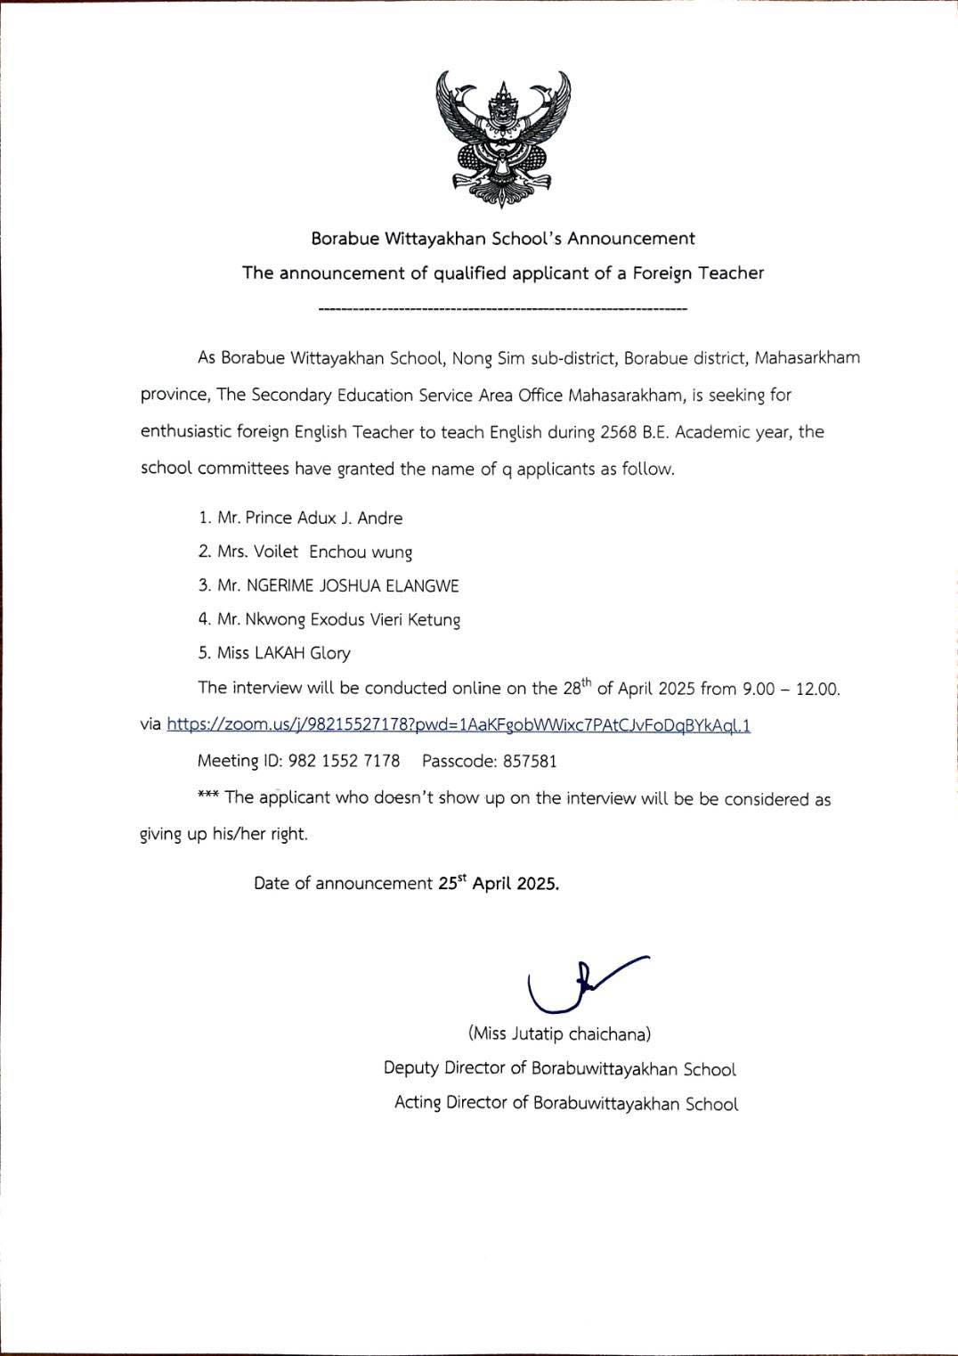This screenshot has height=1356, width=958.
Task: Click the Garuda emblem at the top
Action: [503, 139]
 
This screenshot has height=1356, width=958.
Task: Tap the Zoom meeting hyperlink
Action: [459, 724]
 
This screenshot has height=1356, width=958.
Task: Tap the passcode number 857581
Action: [530, 761]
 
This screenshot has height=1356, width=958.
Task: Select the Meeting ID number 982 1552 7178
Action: [345, 761]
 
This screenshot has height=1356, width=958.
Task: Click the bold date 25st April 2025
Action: [499, 883]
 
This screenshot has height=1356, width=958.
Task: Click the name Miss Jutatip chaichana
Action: [559, 1033]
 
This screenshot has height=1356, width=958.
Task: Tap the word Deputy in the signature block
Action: [411, 1068]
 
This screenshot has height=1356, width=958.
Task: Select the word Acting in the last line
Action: [418, 1102]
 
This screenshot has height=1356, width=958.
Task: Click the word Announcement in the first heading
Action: [631, 238]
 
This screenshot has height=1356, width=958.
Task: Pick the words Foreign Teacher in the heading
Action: [698, 273]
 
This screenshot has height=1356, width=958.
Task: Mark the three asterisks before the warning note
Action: [207, 796]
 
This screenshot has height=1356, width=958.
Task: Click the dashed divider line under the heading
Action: [502, 309]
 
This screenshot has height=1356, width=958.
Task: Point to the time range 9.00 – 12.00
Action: [791, 689]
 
